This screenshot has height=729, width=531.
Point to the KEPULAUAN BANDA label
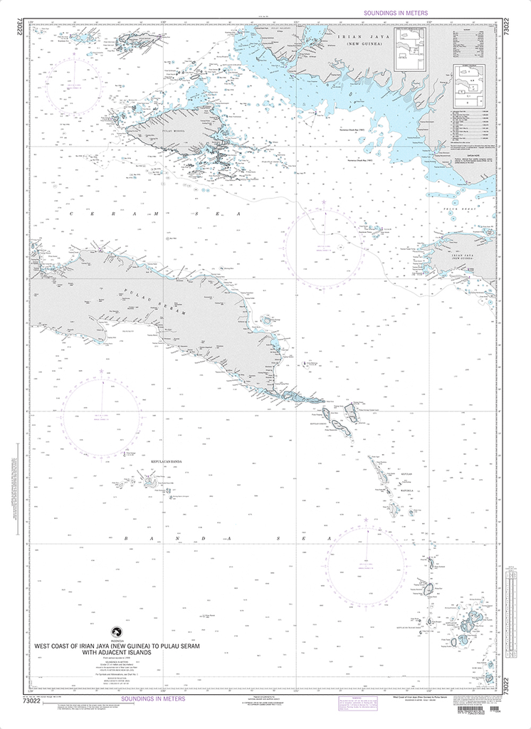[x=167, y=461]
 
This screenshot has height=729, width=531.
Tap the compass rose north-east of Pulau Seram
[x=324, y=242]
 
